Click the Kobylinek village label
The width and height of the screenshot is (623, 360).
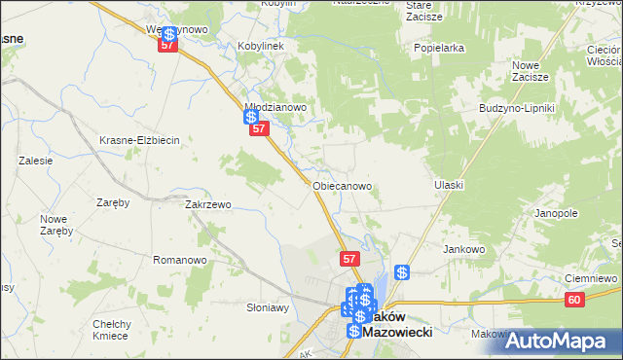coord(260,46)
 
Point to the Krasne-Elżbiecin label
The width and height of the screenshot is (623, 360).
coord(140,140)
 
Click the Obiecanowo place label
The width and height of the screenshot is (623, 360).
coord(343,184)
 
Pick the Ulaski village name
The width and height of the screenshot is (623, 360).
coord(449,184)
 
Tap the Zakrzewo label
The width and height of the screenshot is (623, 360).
coord(207,205)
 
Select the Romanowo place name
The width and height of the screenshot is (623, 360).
coord(180,260)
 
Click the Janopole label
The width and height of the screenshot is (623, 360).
coord(556,212)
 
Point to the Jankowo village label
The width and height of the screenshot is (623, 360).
coord(464,248)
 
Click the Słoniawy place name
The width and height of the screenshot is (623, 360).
coord(268,306)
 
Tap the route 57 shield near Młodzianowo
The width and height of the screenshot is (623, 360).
coord(258,128)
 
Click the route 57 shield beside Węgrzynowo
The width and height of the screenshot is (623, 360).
coord(168,45)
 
